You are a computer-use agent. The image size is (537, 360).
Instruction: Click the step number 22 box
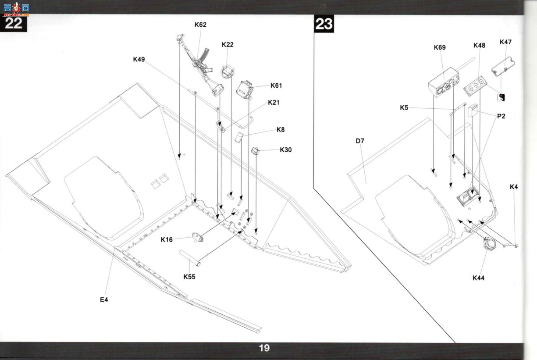pos(14,23)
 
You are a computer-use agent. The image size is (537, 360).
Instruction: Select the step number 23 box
pos(324,24)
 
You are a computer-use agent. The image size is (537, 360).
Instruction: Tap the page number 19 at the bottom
pos(264,348)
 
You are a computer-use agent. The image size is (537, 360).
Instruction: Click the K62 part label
pos(200,25)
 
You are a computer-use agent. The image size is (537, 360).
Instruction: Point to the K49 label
pos(139,59)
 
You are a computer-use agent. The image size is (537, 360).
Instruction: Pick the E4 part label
pos(104,299)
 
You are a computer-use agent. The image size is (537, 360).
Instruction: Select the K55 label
pos(189,277)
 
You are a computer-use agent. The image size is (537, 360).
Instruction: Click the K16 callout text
pos(167,239)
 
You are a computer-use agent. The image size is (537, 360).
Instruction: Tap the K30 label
pos(286,150)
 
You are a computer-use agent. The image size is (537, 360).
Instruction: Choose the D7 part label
pos(360,141)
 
